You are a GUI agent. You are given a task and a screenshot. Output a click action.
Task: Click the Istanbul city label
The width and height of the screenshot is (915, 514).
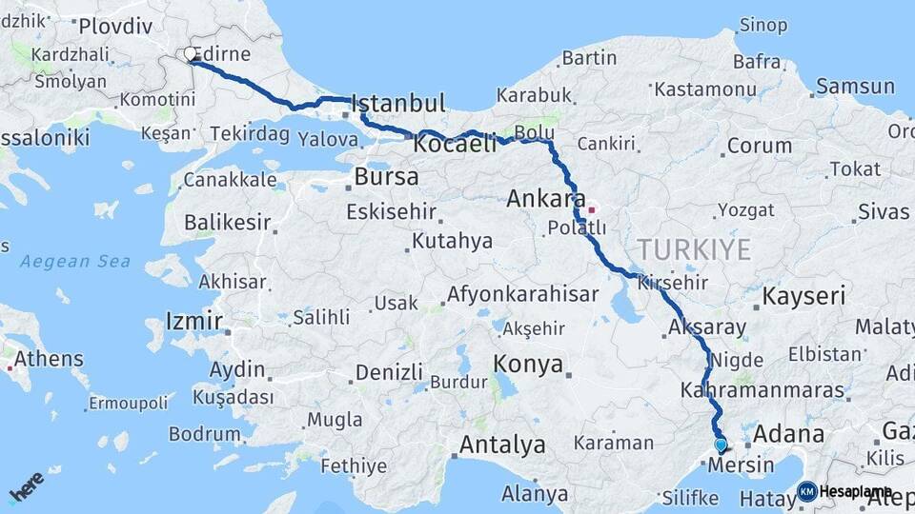coord(398,103)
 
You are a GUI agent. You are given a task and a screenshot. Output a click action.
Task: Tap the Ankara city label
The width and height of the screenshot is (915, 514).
coord(545,200)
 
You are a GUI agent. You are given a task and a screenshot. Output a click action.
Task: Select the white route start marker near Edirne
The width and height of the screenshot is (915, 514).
coord(191,54)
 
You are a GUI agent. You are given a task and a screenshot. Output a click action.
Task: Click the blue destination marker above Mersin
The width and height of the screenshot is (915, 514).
coord(721,445)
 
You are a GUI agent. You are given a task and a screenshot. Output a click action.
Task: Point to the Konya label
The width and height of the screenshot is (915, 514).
coord(528,364)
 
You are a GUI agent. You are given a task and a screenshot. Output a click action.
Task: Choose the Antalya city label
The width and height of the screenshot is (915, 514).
coord(502,445)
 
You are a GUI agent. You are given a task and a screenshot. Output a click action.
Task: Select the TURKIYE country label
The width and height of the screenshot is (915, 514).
coord(694,250)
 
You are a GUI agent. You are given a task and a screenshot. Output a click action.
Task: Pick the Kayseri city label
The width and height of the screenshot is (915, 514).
coord(803,296)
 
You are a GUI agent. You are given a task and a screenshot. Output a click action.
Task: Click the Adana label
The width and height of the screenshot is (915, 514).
coord(788,434)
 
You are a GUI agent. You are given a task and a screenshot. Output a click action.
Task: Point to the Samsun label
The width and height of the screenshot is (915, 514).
coord(855,87)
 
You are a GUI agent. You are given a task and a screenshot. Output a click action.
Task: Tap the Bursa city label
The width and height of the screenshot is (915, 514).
coord(386,177)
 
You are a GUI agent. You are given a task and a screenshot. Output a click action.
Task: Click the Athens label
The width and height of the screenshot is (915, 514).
coord(49,360)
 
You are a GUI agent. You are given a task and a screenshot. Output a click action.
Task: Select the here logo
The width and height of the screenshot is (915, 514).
coord(26,487)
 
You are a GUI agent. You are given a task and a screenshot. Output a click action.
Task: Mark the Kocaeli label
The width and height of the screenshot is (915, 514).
coord(456,145)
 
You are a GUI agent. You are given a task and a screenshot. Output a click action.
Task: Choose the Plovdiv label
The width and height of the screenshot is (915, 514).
coord(110,27)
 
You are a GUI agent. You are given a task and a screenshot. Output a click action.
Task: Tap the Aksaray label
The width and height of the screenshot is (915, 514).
coord(707,326)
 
